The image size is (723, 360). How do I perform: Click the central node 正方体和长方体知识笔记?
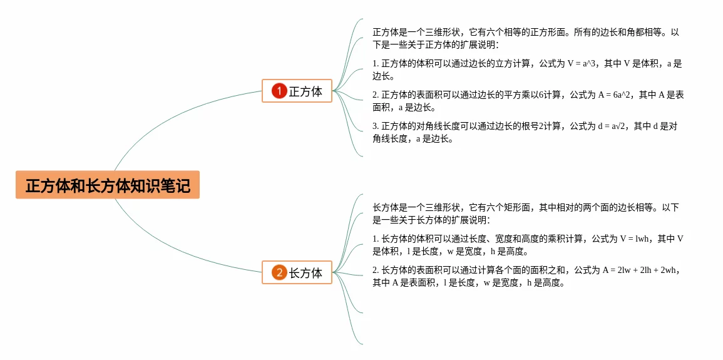pyautogui.click(x=108, y=185)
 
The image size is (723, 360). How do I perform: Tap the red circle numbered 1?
pyautogui.click(x=279, y=91)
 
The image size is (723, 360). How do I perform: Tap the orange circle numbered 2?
pyautogui.click(x=279, y=272)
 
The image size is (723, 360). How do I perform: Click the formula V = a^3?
pyautogui.click(x=580, y=63)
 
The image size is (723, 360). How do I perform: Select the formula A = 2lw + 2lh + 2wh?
pyautogui.click(x=641, y=270)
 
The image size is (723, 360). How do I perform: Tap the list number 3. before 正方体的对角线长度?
pyautogui.click(x=376, y=126)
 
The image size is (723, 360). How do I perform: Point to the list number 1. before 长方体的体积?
pyautogui.click(x=376, y=239)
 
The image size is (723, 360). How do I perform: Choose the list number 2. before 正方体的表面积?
pyautogui.click(x=376, y=95)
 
